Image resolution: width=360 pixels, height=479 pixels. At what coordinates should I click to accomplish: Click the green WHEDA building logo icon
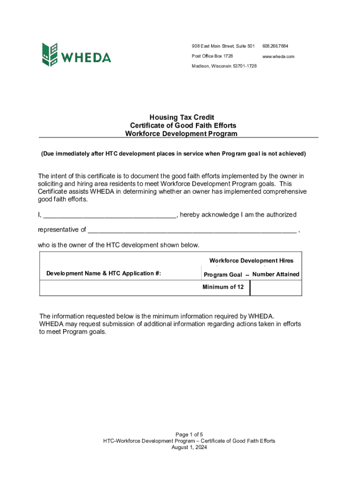tap(50, 55)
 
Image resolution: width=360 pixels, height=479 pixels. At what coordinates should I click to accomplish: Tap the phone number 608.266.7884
tap(275, 46)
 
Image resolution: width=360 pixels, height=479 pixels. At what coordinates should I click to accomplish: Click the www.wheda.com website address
tap(278, 56)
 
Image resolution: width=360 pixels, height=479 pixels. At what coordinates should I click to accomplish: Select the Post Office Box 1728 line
tap(212, 56)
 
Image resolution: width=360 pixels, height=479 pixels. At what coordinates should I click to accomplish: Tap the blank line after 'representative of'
tap(192, 230)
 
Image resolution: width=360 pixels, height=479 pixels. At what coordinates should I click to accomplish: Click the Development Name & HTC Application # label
tap(104, 274)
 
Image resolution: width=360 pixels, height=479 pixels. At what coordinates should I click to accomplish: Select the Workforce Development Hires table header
tap(251, 261)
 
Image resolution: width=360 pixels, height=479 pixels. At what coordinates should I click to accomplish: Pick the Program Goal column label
tap(223, 275)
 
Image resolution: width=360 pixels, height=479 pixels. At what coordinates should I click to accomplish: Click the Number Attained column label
tap(275, 274)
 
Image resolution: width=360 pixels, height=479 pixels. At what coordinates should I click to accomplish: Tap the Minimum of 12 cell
tap(223, 287)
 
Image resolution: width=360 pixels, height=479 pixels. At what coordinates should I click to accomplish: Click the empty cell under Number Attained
tap(276, 288)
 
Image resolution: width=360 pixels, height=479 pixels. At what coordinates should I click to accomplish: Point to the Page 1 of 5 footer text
tap(189, 435)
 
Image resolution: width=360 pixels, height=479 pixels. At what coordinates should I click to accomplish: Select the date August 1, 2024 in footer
tap(189, 447)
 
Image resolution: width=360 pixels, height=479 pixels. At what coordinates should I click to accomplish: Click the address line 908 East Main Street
tap(223, 46)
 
